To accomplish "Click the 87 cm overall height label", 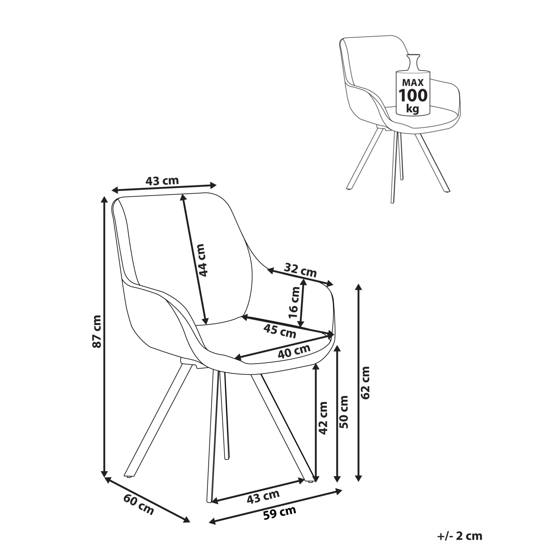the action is [97, 331].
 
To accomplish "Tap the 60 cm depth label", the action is [139, 505].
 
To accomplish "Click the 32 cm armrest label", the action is [300, 270].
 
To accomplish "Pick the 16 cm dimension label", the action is [294, 302].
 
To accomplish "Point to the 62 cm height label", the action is [365, 383].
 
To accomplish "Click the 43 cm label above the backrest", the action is [162, 181].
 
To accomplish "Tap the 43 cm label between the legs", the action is [263, 496].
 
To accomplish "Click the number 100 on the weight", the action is [413, 95].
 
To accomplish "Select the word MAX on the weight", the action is [413, 82].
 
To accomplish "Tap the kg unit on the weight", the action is [412, 109].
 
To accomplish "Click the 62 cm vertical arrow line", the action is [359, 382].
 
